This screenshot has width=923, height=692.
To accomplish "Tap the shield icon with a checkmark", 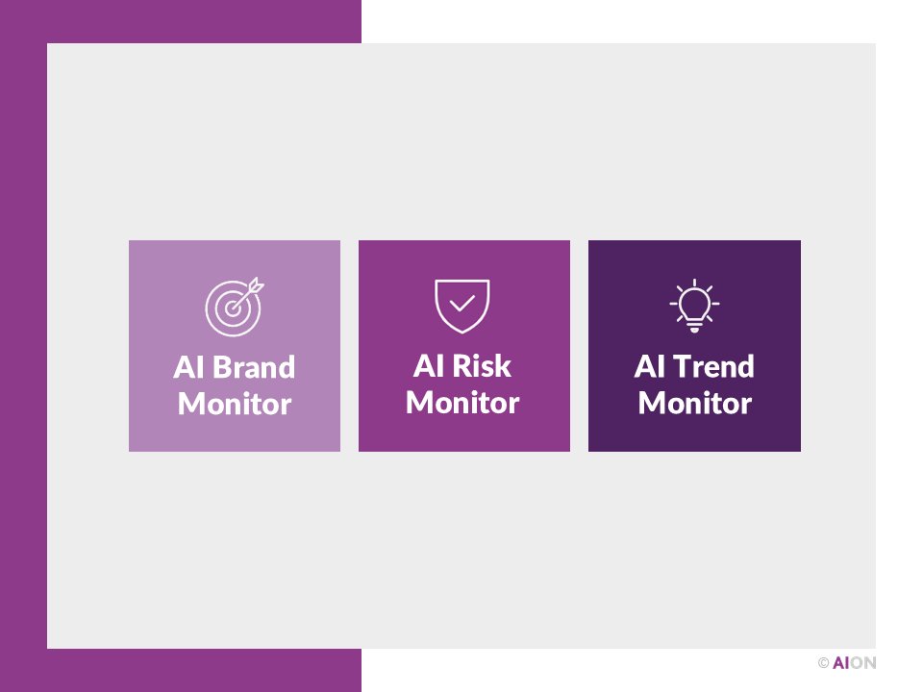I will pyautogui.click(x=462, y=306).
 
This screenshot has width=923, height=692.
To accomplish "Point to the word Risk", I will pyautogui.click(x=482, y=366).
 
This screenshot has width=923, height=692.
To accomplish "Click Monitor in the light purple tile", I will pyautogui.click(x=235, y=404).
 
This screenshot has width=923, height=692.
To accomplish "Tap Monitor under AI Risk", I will pyautogui.click(x=462, y=403).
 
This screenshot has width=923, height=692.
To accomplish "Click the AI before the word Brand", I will pyautogui.click(x=188, y=368).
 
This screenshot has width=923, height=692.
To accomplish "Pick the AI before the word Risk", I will pyautogui.click(x=428, y=366).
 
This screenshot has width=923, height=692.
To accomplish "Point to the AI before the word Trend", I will pyautogui.click(x=649, y=367).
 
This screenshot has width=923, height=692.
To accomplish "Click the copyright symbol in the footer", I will pyautogui.click(x=823, y=663).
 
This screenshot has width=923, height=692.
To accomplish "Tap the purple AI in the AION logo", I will pyautogui.click(x=841, y=663).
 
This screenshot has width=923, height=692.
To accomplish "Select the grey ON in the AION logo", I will pyautogui.click(x=863, y=663).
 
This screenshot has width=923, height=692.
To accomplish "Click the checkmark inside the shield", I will pyautogui.click(x=462, y=303).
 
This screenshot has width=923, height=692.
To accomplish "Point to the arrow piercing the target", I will pyautogui.click(x=252, y=287).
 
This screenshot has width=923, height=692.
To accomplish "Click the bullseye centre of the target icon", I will pyautogui.click(x=231, y=309).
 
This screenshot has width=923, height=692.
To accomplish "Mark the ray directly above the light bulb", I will pyautogui.click(x=694, y=283).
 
